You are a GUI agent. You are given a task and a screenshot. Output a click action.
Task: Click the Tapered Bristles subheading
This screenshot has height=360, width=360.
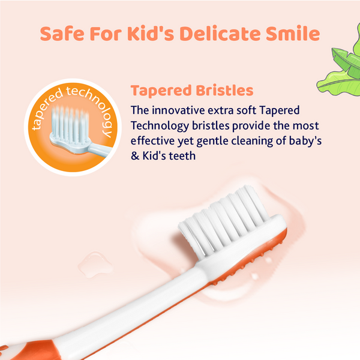point(191,91)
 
